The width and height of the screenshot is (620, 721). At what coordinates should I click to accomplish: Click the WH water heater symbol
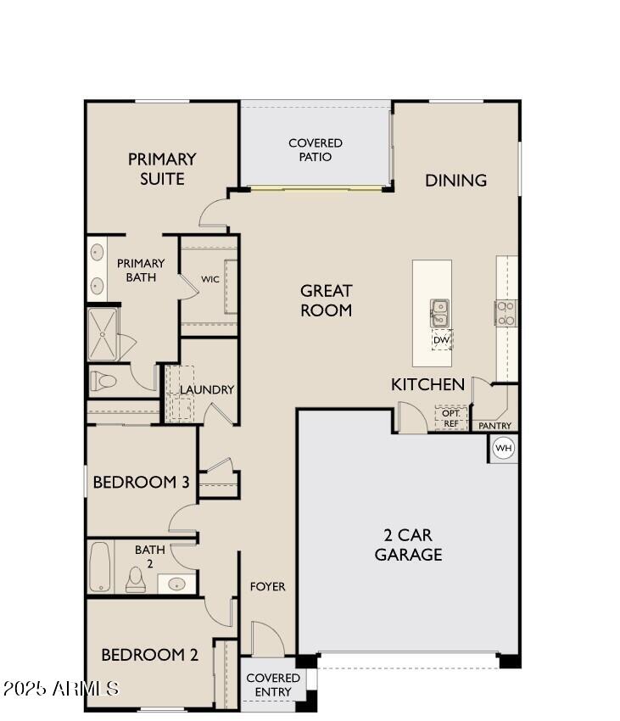click(x=504, y=448)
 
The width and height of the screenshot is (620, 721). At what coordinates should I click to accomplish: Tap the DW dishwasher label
click(x=441, y=340)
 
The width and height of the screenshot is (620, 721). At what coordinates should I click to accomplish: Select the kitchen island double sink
click(x=440, y=313)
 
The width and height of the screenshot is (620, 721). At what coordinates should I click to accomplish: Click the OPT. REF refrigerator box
click(x=451, y=418)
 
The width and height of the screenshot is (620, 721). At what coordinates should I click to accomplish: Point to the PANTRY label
click(x=494, y=425)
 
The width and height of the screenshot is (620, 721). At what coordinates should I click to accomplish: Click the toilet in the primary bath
click(x=103, y=382)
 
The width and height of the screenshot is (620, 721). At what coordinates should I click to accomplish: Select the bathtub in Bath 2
click(x=100, y=567)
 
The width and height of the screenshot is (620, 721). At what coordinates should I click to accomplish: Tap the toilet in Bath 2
click(x=136, y=579)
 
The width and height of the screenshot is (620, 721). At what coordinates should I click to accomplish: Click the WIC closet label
click(x=210, y=279)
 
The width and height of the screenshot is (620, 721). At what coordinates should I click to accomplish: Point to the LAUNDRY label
click(x=206, y=389)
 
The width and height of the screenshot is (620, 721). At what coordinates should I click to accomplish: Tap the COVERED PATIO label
click(x=316, y=150)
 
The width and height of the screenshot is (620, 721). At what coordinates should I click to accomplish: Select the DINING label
click(x=455, y=180)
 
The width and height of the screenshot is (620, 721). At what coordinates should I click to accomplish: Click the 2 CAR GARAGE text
click(x=408, y=545)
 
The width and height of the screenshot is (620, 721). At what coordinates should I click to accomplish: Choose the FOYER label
click(x=267, y=586)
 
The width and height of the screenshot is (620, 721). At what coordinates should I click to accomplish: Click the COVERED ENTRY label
click(x=273, y=685)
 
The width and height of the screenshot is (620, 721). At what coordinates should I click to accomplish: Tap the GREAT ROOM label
click(x=326, y=300)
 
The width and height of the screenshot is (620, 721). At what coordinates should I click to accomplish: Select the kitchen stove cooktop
click(x=506, y=313)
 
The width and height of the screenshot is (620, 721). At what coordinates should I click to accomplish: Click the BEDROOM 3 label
click(x=140, y=483)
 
